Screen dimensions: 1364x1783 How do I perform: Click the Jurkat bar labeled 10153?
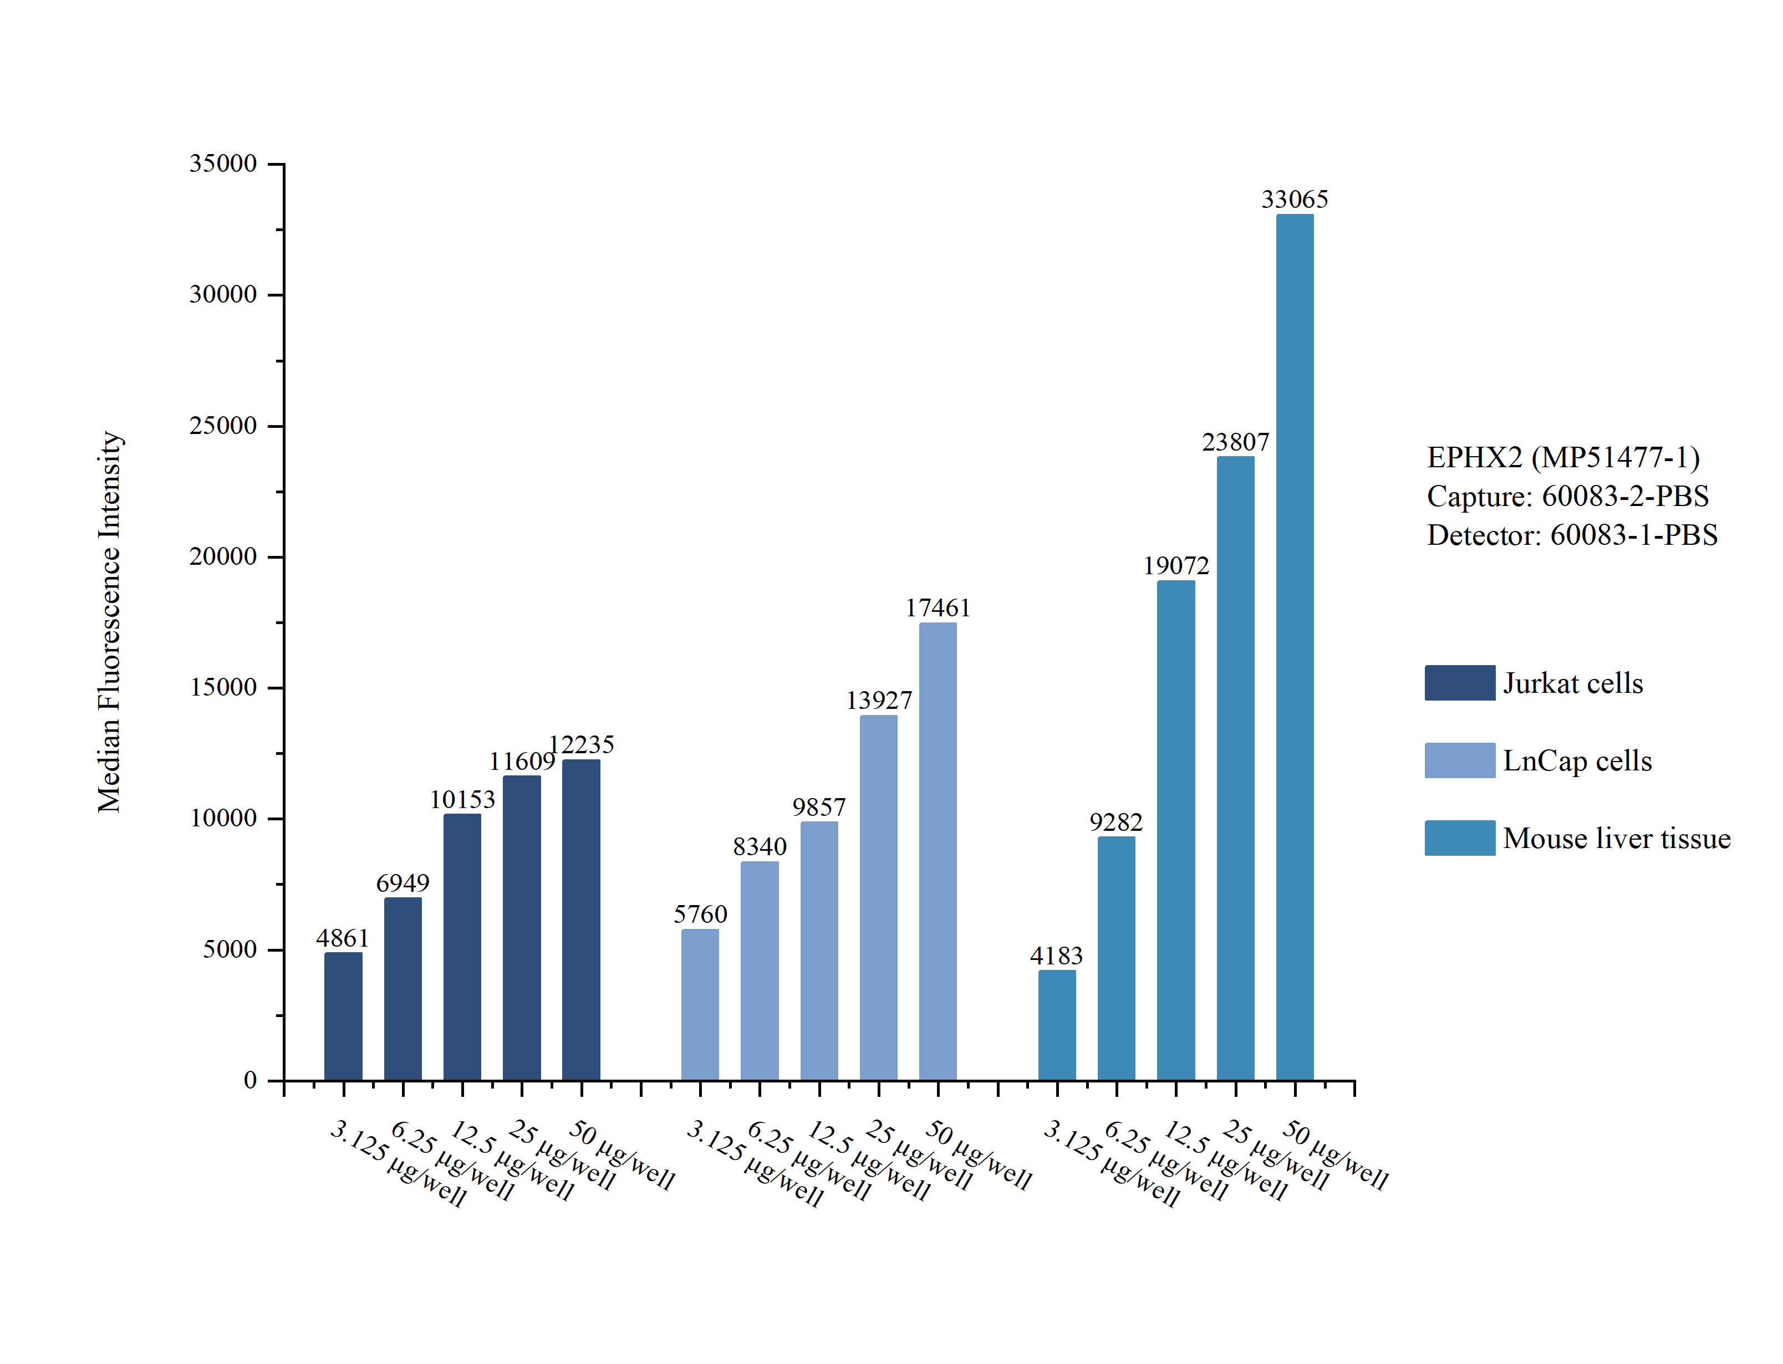coord(462,946)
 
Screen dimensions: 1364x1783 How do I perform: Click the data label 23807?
coord(1235,442)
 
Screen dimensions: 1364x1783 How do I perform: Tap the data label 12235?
coord(582,744)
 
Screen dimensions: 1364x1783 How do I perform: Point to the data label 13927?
coord(879,700)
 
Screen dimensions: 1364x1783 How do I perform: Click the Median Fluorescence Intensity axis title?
coord(110,621)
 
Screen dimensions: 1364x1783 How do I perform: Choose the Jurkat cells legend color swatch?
coord(1459,683)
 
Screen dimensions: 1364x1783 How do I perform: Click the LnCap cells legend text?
coord(1577,761)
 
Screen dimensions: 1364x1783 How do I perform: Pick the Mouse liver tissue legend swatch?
coord(1459,838)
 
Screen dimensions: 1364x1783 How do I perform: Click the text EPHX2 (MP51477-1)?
coord(1563,457)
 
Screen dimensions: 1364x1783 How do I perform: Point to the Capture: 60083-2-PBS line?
coord(1567,496)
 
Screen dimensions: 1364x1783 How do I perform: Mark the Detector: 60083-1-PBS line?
coord(1572,535)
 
